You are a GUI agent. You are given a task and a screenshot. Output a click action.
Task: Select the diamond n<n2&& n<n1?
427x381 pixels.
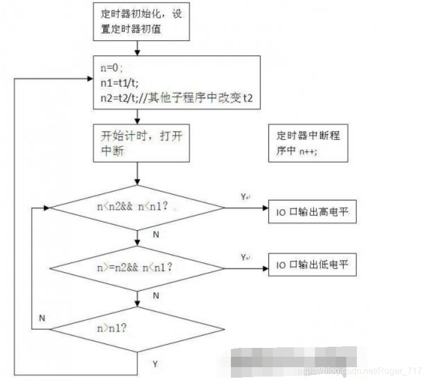tap(138, 208)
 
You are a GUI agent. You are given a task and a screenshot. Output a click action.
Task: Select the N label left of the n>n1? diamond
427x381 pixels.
tap(42, 318)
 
